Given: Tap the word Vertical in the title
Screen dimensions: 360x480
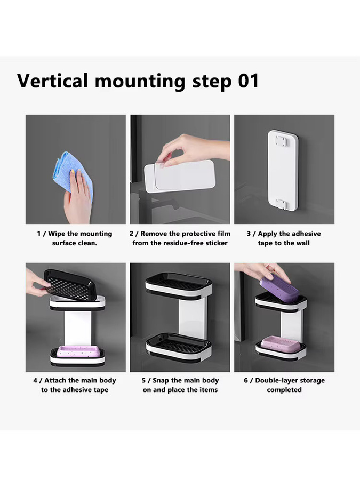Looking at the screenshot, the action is [52, 81].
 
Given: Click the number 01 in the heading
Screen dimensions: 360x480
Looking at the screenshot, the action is [248, 81].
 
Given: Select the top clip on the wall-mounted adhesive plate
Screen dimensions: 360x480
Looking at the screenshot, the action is [281, 141].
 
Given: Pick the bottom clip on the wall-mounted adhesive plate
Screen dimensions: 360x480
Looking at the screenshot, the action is [281, 204].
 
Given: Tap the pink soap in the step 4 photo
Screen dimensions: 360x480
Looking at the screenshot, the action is [78, 351].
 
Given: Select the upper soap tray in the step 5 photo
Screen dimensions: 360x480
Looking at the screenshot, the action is [179, 285].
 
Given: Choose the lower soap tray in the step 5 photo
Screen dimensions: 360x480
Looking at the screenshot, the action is [179, 347].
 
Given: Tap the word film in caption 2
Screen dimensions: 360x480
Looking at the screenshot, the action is [224, 234].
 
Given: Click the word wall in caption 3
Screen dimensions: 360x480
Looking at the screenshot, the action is [303, 243].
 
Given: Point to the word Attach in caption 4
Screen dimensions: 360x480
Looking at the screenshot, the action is [55, 380].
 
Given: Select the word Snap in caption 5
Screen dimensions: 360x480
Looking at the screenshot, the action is [161, 381].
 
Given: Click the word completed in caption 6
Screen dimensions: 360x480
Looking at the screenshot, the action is [284, 390].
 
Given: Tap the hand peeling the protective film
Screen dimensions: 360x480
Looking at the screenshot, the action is [195, 150].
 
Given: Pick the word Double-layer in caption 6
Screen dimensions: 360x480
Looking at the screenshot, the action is [274, 381].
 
